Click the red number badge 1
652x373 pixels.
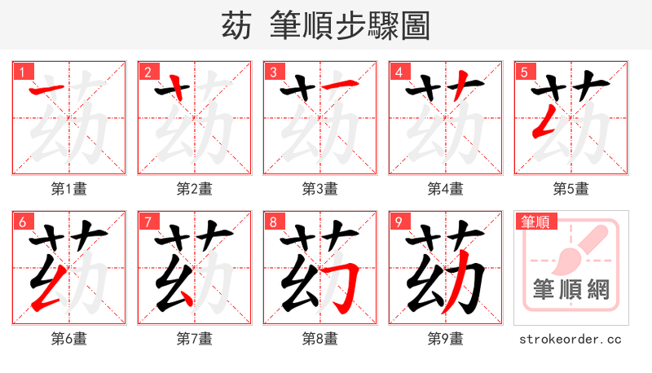(x=22, y=72)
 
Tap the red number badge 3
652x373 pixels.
(x=273, y=72)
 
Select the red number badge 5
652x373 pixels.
(x=524, y=72)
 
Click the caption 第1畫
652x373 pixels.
(x=69, y=189)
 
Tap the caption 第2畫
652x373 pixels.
(x=195, y=189)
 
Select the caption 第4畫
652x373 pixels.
(x=446, y=189)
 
